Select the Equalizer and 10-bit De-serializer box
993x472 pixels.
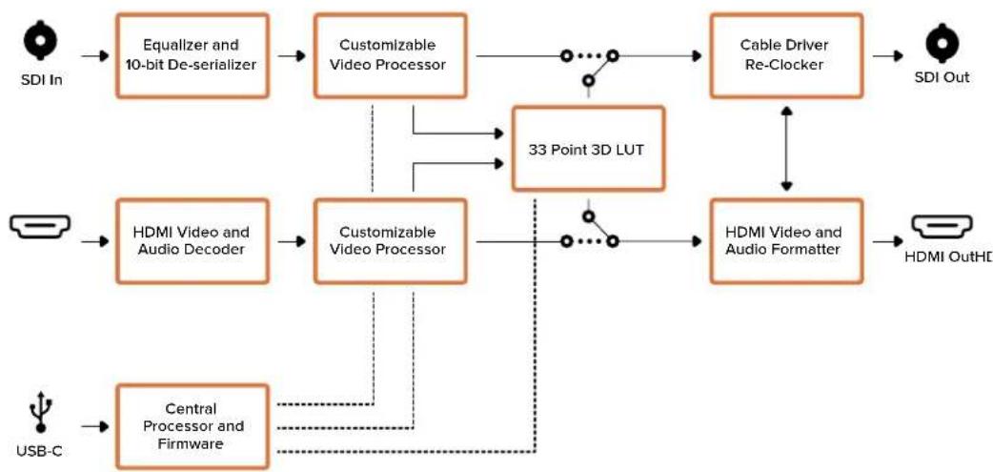(x=193, y=55)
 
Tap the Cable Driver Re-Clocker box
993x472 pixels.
(x=786, y=55)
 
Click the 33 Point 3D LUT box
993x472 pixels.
(x=588, y=149)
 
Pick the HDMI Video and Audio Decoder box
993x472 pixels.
(x=193, y=240)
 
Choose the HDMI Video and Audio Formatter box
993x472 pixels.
(x=786, y=240)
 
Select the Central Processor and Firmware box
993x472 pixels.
(x=193, y=426)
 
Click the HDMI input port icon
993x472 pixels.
(x=39, y=226)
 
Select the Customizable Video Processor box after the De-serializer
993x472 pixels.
(x=391, y=55)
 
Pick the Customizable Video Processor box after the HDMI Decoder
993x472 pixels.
(x=391, y=240)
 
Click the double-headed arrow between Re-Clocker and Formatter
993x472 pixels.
(x=786, y=149)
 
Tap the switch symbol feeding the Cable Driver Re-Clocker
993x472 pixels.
(x=589, y=67)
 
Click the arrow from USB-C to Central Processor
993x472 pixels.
(x=95, y=426)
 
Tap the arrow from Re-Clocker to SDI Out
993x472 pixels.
(x=888, y=55)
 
